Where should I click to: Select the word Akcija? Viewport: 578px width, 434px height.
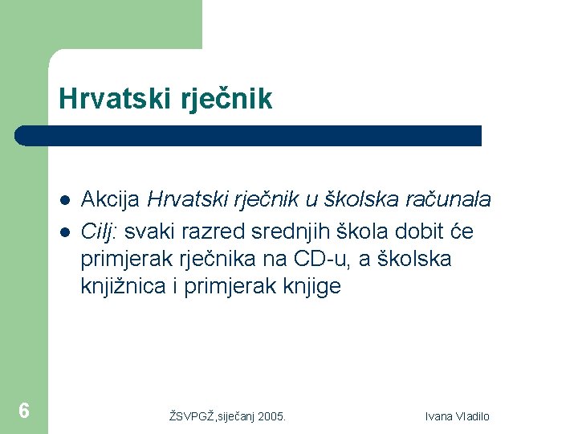pos(112,199)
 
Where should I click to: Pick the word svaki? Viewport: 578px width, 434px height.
pos(147,232)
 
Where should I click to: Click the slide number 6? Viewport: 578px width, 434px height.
pos(24,411)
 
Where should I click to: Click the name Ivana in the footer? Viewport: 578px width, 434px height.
pos(440,416)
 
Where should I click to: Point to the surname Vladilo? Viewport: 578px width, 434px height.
pos(474,416)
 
